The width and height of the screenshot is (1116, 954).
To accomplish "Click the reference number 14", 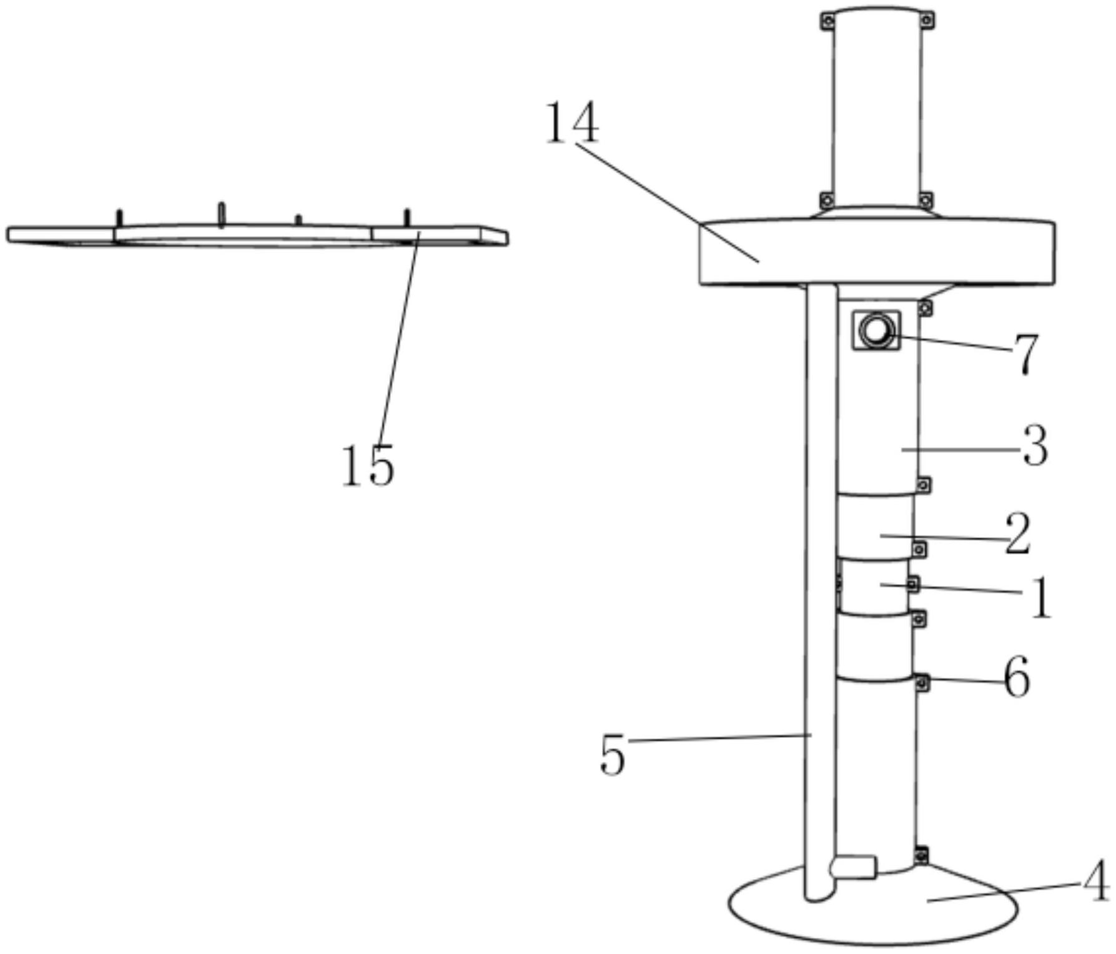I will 572,123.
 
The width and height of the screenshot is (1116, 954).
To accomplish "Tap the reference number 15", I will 368,465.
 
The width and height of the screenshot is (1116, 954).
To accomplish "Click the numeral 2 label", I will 1017,534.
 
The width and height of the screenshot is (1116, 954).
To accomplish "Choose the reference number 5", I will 612,755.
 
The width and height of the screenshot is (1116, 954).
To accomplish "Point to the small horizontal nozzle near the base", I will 852,868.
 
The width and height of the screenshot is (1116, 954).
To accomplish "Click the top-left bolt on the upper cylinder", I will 827,21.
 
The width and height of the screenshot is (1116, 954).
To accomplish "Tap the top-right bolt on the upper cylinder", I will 927,21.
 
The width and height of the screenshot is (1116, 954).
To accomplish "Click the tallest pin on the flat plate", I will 221,214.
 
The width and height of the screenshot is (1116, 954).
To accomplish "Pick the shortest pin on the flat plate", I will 299,220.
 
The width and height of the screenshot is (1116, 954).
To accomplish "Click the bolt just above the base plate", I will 921,855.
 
